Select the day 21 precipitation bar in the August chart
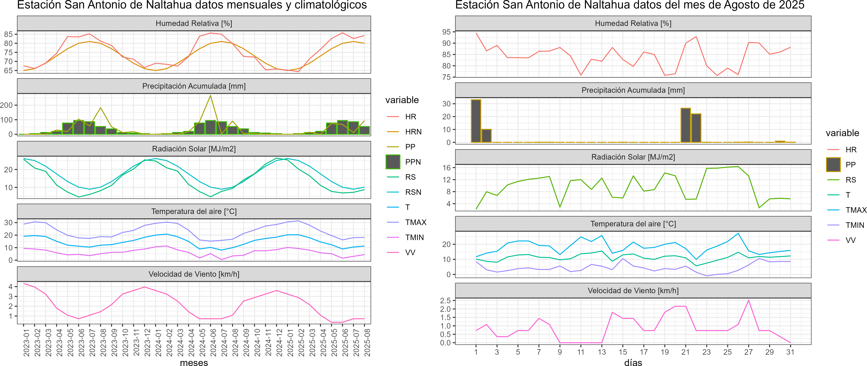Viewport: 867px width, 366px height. [x=686, y=125]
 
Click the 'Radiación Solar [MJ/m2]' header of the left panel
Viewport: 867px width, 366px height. [x=194, y=149]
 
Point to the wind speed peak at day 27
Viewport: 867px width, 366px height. [x=749, y=300]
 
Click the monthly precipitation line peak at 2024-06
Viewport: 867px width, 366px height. [x=211, y=96]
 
